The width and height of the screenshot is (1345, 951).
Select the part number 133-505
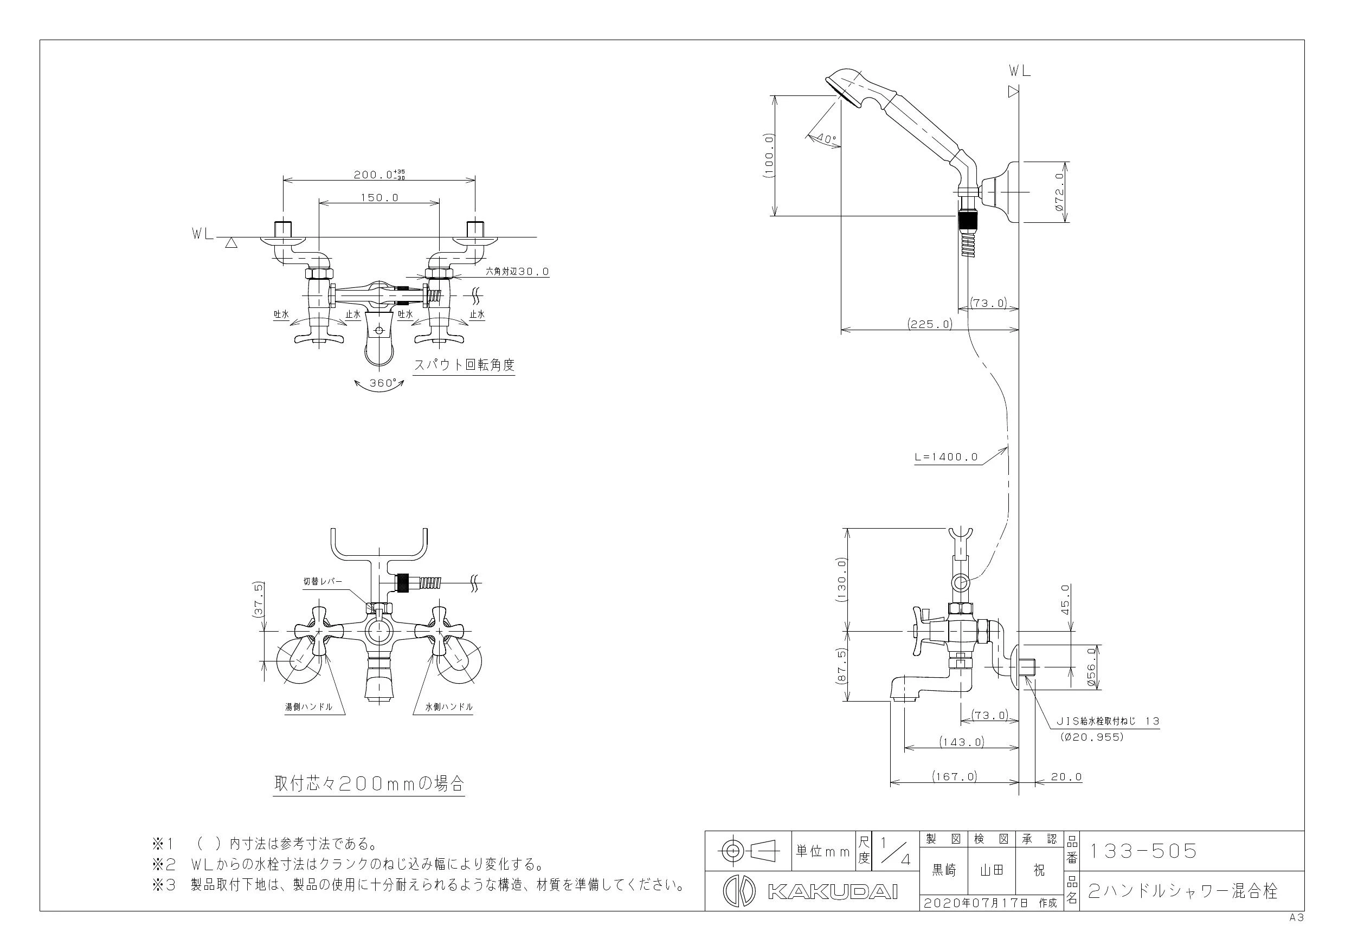tap(1142, 851)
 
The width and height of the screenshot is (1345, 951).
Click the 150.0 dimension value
tap(379, 197)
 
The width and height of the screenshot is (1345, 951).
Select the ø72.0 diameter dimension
tap(1059, 191)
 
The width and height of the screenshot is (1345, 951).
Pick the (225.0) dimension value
tap(930, 324)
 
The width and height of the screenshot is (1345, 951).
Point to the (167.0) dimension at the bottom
tap(955, 777)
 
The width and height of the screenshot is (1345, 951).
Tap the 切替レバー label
tap(321, 581)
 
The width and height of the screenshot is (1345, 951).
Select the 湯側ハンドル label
tap(308, 707)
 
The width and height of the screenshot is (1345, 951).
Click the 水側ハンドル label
tap(449, 707)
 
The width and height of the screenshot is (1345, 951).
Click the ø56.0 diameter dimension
tap(1091, 667)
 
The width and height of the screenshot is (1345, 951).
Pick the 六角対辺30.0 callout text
tap(517, 272)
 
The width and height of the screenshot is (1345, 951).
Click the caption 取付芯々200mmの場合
tap(369, 783)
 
